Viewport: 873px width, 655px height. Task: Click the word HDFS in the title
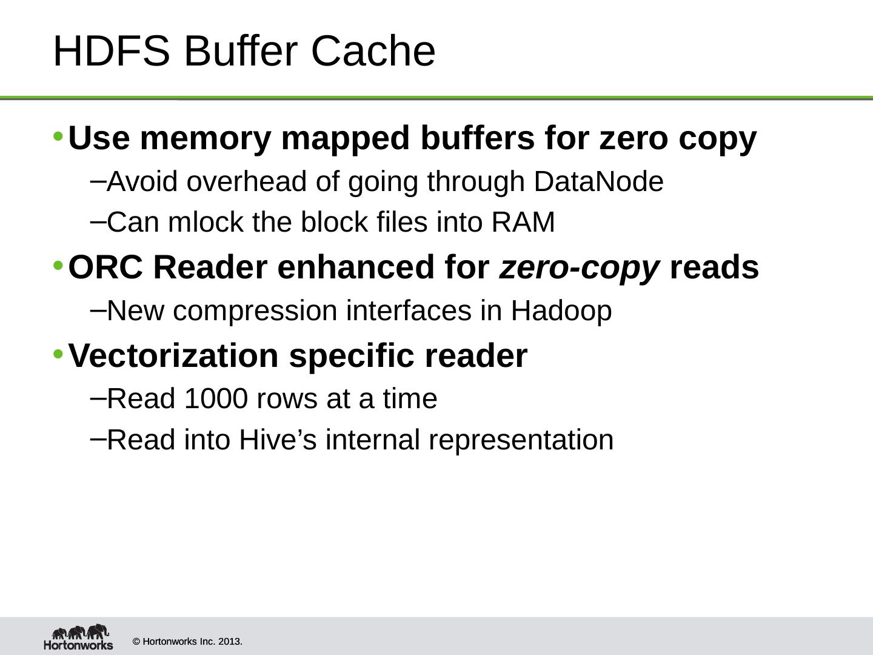click(x=111, y=51)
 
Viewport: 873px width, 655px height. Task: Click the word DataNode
click(x=598, y=181)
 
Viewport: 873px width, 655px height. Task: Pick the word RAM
click(x=523, y=223)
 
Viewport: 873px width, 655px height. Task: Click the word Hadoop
click(x=561, y=311)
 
